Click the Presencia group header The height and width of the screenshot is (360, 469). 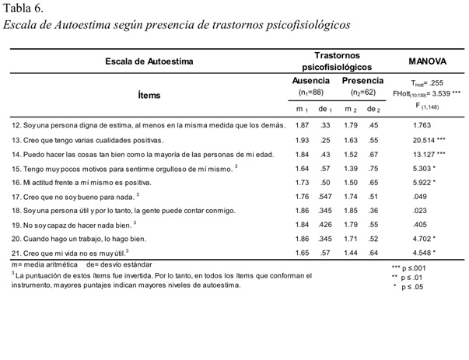[362, 81]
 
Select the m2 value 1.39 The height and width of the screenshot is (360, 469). [351, 168]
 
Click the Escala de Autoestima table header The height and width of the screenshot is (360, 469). [149, 61]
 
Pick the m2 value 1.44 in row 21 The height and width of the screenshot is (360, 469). [351, 253]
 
